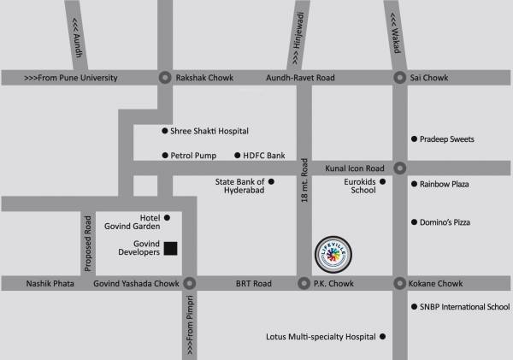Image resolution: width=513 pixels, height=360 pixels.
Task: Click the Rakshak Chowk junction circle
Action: point(164,78)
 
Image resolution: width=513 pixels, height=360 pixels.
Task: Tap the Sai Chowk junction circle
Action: point(399,78)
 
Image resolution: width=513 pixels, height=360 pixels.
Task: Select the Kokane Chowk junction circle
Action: point(399,283)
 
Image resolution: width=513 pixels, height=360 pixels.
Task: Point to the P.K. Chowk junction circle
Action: point(303,283)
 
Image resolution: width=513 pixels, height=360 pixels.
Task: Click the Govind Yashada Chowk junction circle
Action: point(189,283)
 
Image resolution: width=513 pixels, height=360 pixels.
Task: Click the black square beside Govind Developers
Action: point(170,249)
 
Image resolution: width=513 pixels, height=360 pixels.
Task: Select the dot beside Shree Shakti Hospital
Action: point(165,131)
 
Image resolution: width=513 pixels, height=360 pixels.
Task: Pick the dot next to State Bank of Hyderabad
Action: point(271,181)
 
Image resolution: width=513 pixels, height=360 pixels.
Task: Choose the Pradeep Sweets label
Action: point(447,139)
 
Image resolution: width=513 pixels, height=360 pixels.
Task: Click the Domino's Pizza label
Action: point(445,222)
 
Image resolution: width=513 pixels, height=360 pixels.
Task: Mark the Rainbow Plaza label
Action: point(445,184)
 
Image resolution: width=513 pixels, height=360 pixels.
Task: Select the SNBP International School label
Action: point(464,306)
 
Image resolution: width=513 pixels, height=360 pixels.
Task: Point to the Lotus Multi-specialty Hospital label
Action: point(321,337)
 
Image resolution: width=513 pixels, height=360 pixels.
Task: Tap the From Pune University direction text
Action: point(70,78)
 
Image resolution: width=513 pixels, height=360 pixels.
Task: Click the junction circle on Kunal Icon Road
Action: point(399,168)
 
